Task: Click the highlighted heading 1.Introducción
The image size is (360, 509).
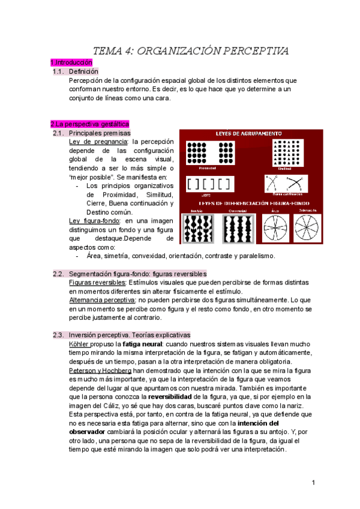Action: (71, 62)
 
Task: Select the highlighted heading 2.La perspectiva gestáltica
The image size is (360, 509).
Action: (89, 124)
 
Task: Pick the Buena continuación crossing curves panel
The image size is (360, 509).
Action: (284, 182)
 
